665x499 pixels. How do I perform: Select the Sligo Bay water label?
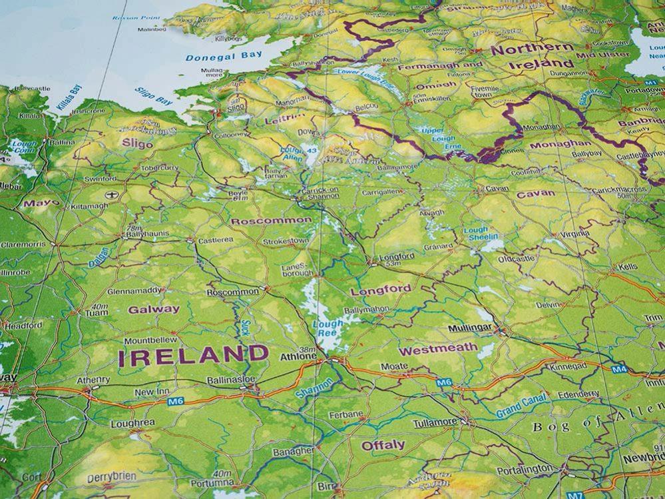click(x=154, y=97)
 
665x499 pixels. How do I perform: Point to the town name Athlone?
click(x=298, y=356)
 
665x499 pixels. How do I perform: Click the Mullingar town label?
click(x=470, y=328)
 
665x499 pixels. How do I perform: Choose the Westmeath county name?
click(x=438, y=348)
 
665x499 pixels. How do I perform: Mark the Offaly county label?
click(x=383, y=444)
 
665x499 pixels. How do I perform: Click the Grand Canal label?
click(x=521, y=406)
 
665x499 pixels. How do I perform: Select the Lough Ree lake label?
click(x=328, y=328)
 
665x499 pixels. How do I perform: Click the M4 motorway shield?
click(x=619, y=368)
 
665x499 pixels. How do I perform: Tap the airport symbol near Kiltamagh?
click(x=111, y=195)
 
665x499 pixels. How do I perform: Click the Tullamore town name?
click(x=435, y=422)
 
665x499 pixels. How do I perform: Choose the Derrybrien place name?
click(x=111, y=477)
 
